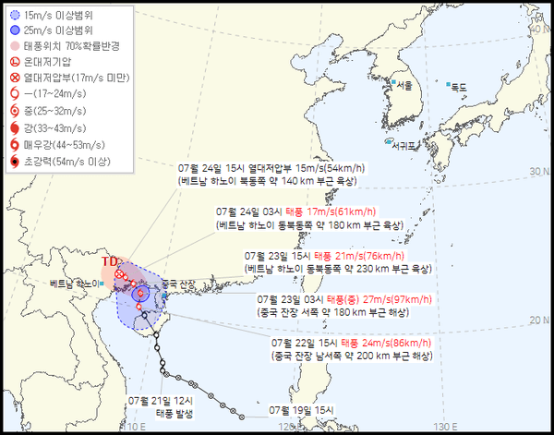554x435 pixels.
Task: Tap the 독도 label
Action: (x=459, y=88)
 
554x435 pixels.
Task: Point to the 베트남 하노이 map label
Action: (x=73, y=283)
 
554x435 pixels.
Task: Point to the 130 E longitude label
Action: (x=447, y=426)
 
